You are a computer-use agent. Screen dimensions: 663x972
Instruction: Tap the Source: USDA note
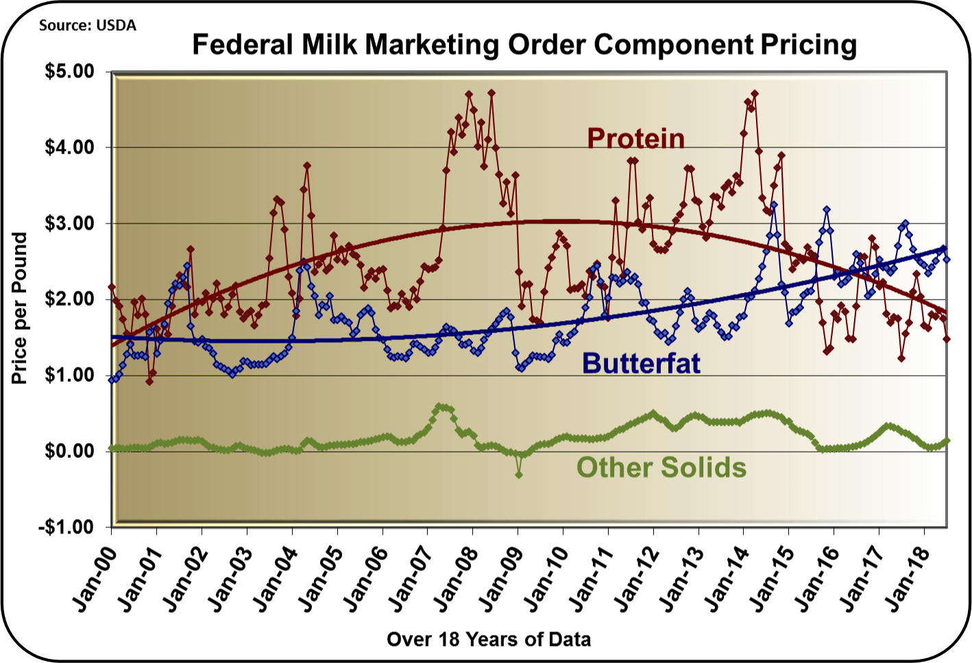[87, 25]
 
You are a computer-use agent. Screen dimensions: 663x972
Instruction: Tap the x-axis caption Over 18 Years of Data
[488, 640]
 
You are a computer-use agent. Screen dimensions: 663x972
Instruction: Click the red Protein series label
[636, 138]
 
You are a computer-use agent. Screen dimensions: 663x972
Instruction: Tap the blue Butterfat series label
[641, 363]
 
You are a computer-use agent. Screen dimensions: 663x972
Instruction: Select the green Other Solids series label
[661, 468]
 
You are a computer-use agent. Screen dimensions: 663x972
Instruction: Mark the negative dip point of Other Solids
[519, 474]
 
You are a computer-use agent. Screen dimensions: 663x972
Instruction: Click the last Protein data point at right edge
[947, 339]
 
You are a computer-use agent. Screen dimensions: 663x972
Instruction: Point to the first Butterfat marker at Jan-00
[112, 379]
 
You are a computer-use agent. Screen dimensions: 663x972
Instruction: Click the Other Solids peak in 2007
[440, 407]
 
